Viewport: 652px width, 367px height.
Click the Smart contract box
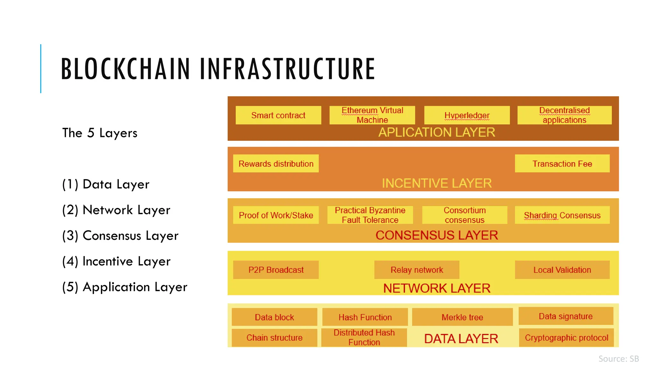(278, 115)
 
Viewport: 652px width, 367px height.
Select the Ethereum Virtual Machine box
(372, 115)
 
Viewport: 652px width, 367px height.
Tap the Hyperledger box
(467, 115)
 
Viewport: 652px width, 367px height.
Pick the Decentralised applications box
(564, 115)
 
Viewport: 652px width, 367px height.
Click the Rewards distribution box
(276, 163)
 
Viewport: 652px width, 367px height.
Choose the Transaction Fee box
(562, 163)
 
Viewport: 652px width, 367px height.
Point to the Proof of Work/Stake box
(276, 215)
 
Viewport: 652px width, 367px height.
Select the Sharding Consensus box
(562, 215)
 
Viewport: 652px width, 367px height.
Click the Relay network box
(417, 270)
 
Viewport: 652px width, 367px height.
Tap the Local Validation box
(562, 270)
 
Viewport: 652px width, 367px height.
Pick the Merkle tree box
(462, 317)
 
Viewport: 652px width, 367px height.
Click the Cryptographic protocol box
(566, 337)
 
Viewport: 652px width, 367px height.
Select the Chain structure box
(274, 337)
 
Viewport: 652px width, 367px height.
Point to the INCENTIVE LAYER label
(437, 183)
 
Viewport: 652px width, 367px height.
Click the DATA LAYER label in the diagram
(461, 339)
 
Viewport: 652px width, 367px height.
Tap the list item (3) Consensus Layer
(120, 236)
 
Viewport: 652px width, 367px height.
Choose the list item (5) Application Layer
(125, 287)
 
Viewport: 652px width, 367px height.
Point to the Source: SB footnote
(619, 359)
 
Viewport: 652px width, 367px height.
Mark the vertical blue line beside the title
(41, 68)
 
